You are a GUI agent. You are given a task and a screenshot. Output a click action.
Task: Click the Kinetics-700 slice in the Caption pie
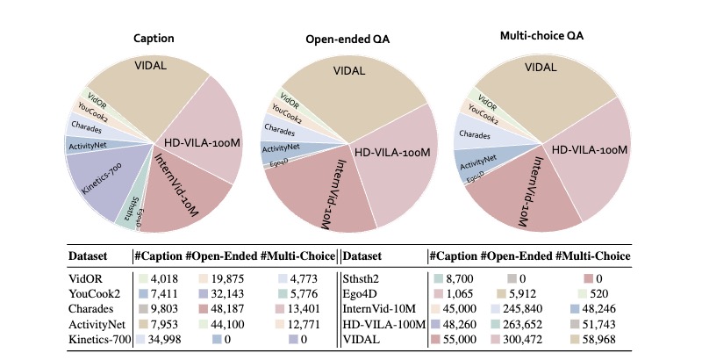[103, 179]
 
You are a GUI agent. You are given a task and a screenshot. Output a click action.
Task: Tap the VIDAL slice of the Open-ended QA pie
[349, 90]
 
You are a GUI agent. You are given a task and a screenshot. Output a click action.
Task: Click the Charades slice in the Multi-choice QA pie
[479, 133]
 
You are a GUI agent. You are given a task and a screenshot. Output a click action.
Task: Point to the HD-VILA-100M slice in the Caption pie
[202, 134]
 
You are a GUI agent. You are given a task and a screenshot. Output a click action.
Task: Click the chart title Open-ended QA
[347, 40]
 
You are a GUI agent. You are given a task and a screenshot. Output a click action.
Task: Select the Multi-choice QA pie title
[541, 36]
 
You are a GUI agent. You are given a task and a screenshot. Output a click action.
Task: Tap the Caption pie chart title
[154, 38]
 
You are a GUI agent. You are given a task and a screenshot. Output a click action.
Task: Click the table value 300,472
[523, 340]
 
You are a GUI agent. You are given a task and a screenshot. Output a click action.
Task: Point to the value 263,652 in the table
[523, 324]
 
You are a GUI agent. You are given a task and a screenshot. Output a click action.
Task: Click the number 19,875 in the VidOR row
[227, 279]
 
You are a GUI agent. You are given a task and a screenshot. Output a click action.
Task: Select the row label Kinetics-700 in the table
[99, 340]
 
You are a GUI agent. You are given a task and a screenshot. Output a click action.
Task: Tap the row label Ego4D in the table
[356, 294]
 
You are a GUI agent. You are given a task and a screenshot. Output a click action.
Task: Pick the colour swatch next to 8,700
[438, 279]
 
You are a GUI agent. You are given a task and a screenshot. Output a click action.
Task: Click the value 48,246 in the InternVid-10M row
[599, 309]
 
